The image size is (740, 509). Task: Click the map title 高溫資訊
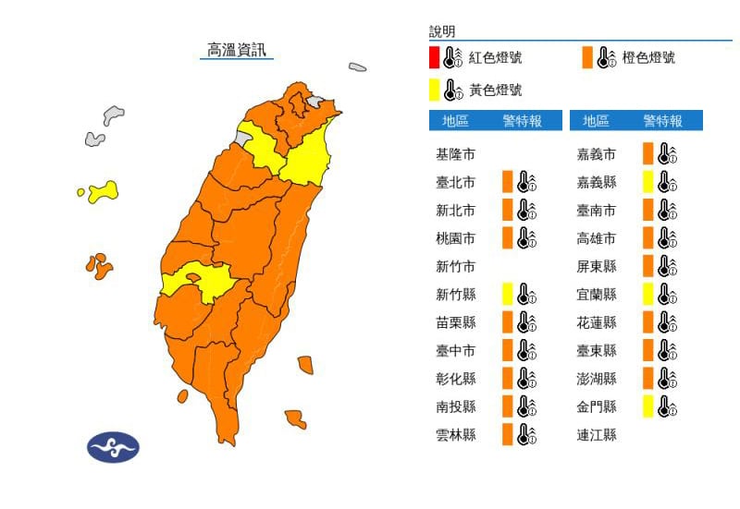tap(237, 50)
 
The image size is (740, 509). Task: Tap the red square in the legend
tap(433, 57)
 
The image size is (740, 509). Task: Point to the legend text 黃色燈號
tap(495, 91)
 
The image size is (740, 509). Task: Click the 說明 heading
tap(442, 32)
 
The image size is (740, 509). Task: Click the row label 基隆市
tap(455, 153)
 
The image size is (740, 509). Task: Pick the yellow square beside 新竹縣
tap(508, 295)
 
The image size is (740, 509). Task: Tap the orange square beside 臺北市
tap(508, 181)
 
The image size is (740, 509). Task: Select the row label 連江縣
tap(596, 434)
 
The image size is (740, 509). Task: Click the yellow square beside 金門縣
tap(648, 406)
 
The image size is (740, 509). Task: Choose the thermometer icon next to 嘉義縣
tap(668, 181)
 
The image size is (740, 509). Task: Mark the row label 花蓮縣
tap(596, 322)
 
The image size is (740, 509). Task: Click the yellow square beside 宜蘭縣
tap(648, 295)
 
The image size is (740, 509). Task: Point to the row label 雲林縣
tap(455, 434)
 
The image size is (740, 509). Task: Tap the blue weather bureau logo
tap(113, 448)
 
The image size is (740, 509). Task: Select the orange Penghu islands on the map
tap(98, 266)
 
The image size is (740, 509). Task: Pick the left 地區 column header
tap(455, 121)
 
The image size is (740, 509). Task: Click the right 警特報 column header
tap(663, 121)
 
